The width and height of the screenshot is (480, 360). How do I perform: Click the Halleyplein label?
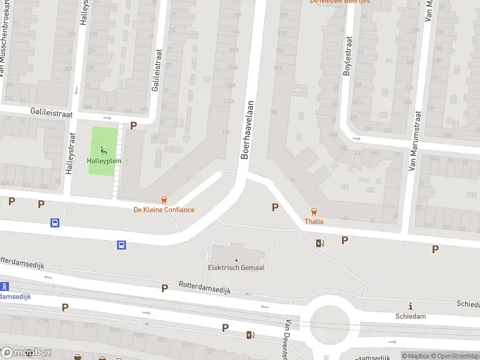pos(104,161)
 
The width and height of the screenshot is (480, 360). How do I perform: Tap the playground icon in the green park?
pos(104,150)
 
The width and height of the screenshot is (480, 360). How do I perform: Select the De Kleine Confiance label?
pos(164,209)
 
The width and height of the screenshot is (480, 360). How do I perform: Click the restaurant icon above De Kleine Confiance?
pos(164,200)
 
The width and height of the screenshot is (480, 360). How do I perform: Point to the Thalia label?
pos(314,221)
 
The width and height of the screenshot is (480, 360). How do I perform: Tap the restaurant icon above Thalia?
pos(313,211)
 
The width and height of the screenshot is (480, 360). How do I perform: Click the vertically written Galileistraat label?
pos(158,71)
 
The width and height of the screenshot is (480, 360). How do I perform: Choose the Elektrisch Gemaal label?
pos(236,267)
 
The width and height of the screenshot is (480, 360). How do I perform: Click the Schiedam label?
pos(410,316)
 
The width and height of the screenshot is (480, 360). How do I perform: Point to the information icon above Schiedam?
pos(410,306)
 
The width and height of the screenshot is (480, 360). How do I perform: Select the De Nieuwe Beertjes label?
pos(340,2)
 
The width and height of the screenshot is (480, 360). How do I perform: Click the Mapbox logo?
pos(26,352)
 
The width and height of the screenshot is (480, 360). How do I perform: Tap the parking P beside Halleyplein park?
pos(133,126)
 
